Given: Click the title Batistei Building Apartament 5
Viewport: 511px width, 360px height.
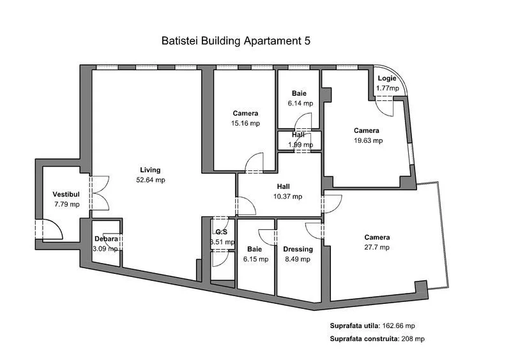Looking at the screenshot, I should coord(236,41).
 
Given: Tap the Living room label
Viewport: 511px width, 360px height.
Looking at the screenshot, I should coord(151,170).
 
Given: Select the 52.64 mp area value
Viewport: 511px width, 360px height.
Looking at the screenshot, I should coord(151,180).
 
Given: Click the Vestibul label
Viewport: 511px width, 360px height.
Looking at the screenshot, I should coord(66,194).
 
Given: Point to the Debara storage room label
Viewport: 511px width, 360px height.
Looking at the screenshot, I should coord(105,239).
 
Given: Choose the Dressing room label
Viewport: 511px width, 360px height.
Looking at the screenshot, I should coord(298,249).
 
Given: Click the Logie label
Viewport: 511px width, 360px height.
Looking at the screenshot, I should coord(387,79).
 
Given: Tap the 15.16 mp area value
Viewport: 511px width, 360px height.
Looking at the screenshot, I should coord(246,123).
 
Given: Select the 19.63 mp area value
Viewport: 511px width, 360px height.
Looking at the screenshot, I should coord(369,140).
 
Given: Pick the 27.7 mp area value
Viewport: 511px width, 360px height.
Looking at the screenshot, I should coord(376,248).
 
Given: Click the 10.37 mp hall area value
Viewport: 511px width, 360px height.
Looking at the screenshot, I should coord(288,197).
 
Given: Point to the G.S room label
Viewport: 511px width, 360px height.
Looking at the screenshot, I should coord(222,232).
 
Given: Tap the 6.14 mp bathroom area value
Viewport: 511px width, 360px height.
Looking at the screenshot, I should coord(299,103).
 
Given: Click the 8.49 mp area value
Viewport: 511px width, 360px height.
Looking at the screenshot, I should coord(298,259).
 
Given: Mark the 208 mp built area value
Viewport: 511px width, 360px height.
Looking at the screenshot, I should coord(414,339).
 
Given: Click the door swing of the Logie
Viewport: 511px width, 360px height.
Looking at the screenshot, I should coord(385,107).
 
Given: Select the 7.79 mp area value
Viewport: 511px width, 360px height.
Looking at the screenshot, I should coord(66,204).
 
